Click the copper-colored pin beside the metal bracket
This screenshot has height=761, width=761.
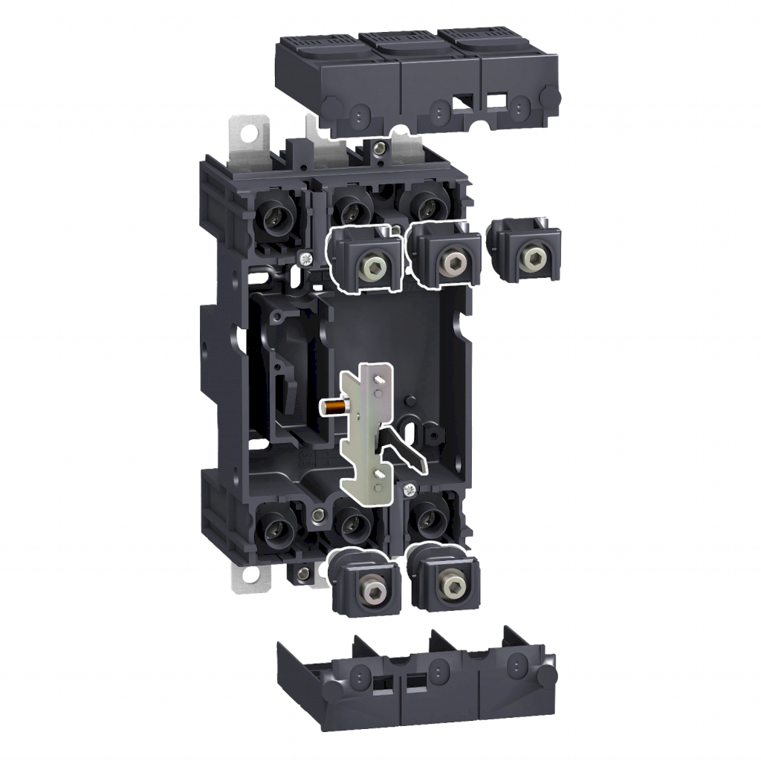click(335, 406)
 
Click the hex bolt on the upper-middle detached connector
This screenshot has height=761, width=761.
click(448, 261)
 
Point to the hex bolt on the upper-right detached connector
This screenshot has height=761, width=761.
click(530, 258)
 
